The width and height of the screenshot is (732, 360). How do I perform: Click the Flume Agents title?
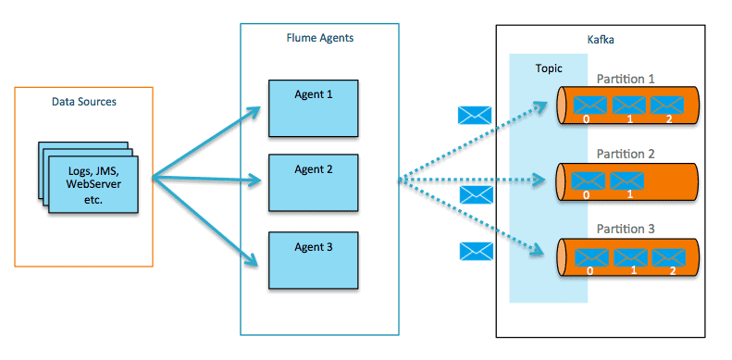click(x=319, y=38)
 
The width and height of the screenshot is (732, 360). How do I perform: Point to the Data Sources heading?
click(x=82, y=100)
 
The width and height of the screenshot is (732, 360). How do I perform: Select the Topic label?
click(x=549, y=68)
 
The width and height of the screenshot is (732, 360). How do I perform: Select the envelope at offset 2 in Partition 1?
click(x=666, y=104)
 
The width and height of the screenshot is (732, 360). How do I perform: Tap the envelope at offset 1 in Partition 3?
click(x=628, y=255)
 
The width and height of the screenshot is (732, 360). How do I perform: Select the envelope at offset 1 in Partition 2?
click(x=628, y=180)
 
